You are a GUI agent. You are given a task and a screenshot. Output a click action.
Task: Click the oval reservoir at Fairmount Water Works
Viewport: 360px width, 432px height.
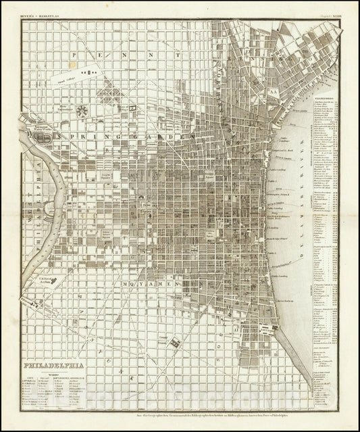click(x=46, y=135)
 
